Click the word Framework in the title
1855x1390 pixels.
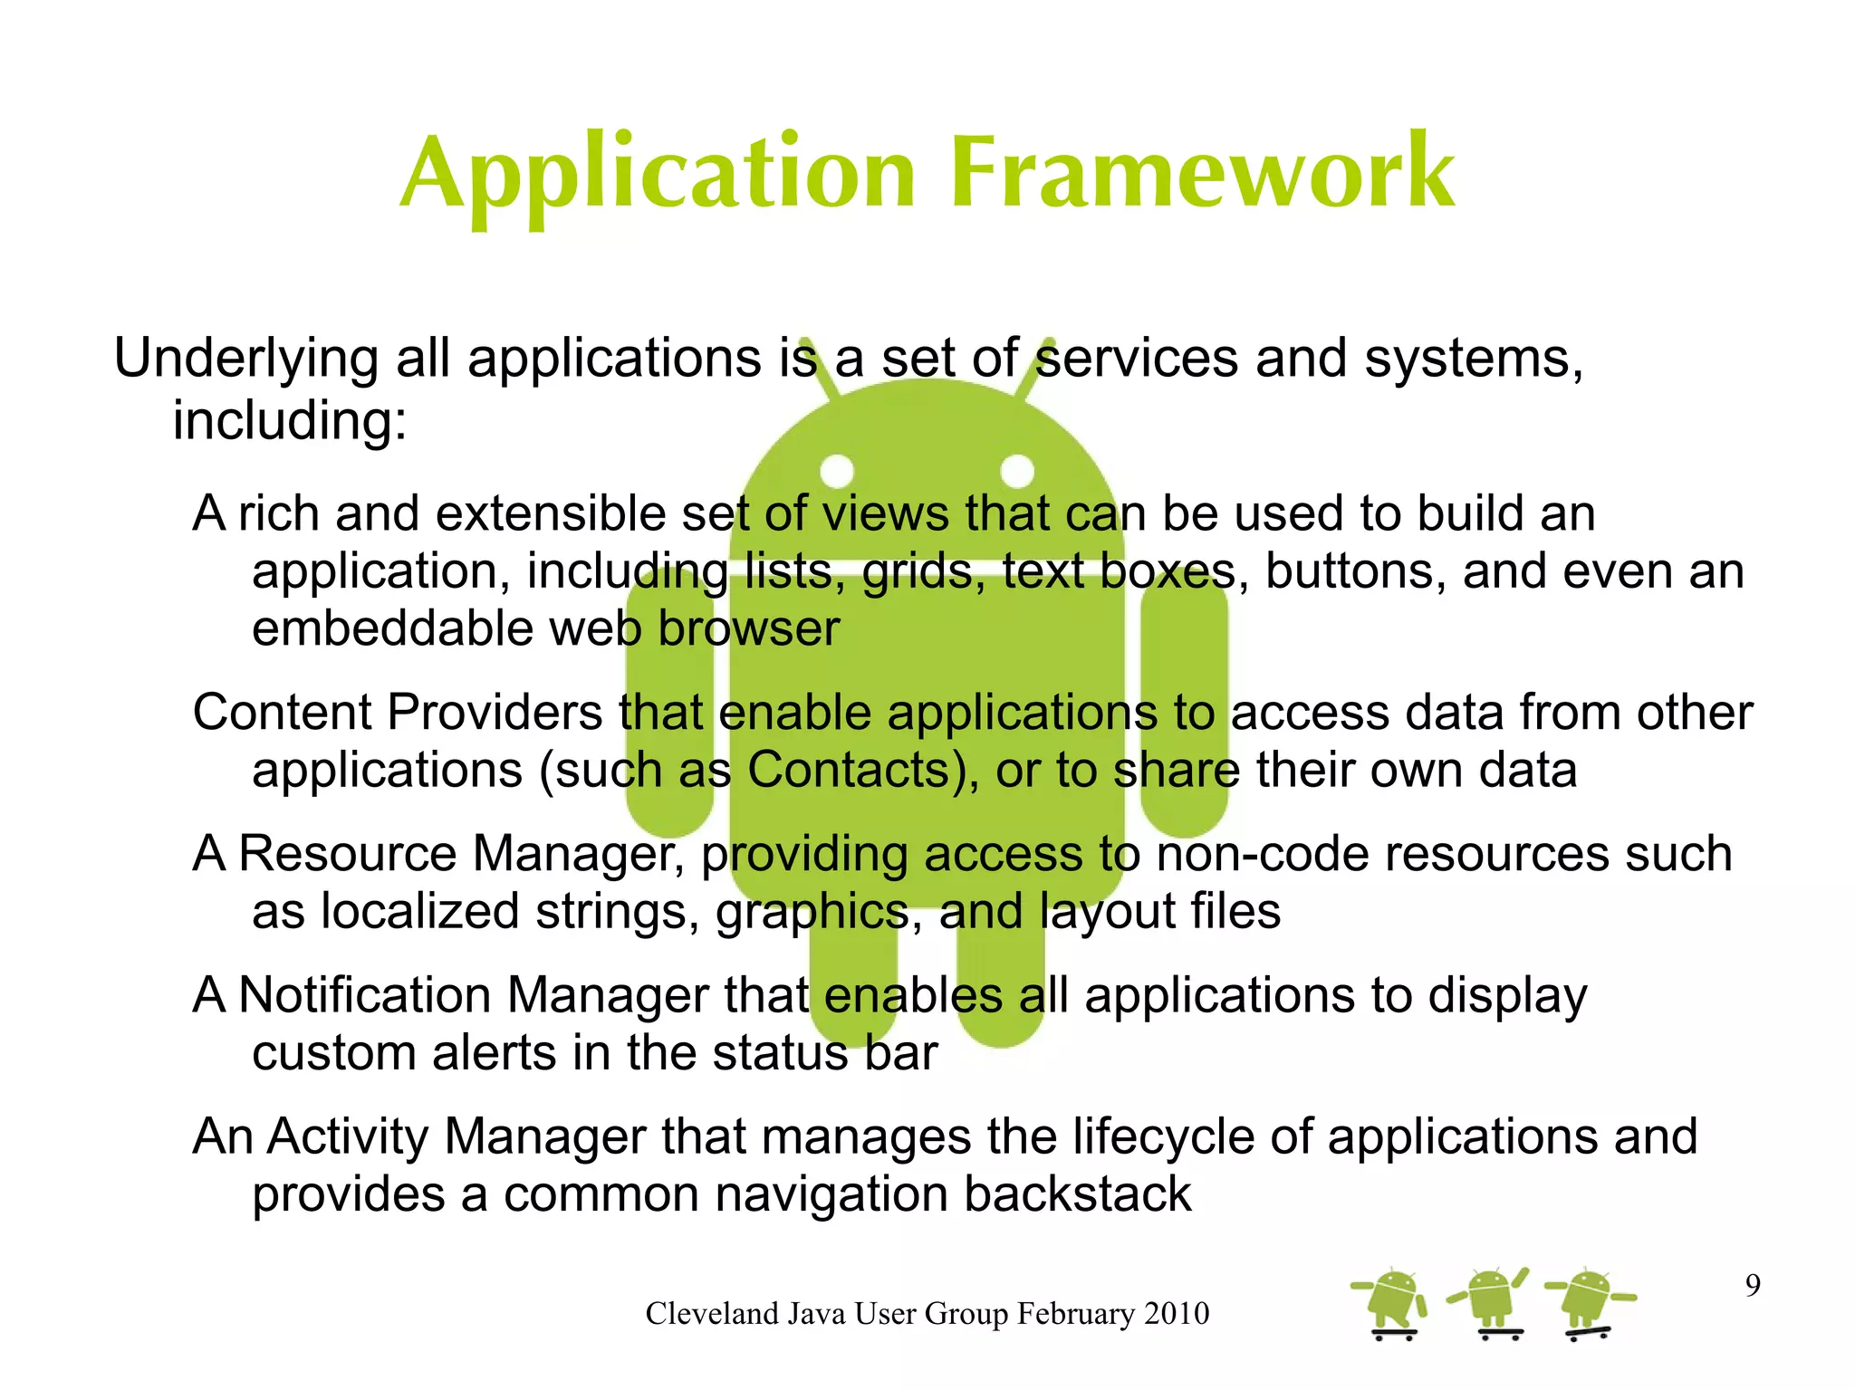coord(1202,172)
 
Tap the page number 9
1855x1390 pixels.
coord(1753,1286)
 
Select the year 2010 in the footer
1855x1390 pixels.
coord(1176,1314)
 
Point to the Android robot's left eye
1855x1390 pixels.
coord(837,471)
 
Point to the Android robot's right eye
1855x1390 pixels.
coord(1017,471)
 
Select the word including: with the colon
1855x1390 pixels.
coord(290,422)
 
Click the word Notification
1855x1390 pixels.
coord(364,995)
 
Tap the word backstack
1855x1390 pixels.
coord(1077,1194)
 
